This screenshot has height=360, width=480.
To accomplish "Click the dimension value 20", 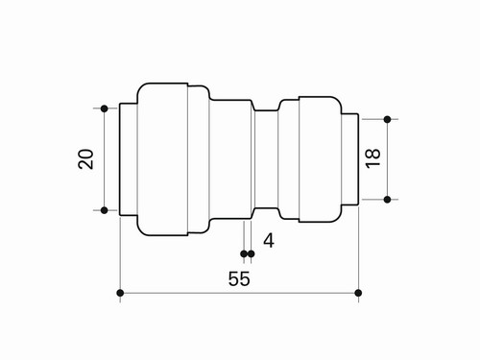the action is coord(86,159).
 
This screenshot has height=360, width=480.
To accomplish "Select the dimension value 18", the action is coord(372,158).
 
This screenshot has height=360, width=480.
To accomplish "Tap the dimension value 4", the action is coord(269,241).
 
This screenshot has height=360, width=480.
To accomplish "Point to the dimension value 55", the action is coord(239,278).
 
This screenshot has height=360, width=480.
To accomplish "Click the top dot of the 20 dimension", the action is coord(104,108).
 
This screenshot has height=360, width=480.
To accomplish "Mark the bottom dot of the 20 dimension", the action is coord(104,210).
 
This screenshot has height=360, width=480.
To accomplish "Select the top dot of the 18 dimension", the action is coord(387,119).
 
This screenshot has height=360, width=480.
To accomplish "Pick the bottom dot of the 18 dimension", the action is coord(387,200).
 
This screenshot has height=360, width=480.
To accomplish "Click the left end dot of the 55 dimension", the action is coord(120,293).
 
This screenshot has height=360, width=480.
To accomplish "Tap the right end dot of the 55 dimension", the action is coord(358,293).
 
